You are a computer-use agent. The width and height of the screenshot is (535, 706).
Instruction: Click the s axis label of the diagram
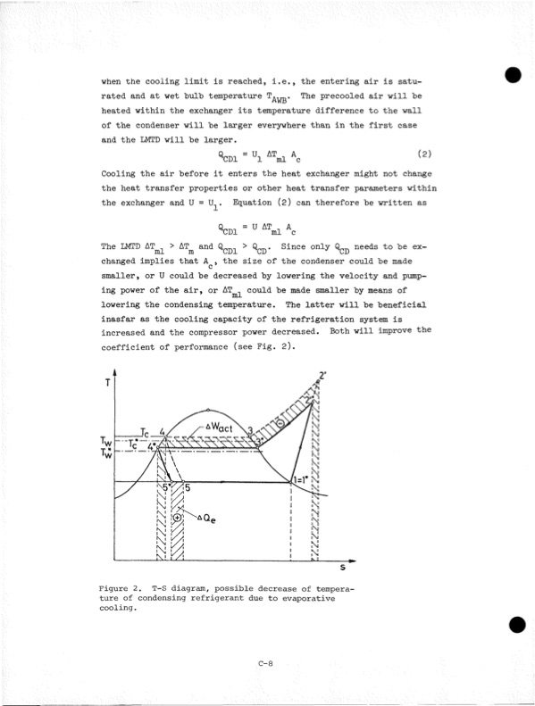click(343, 566)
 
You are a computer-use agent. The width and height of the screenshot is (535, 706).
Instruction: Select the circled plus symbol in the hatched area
click(178, 517)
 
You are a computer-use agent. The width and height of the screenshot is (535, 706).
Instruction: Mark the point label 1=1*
click(301, 480)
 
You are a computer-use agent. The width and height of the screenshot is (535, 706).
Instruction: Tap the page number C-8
click(264, 661)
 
